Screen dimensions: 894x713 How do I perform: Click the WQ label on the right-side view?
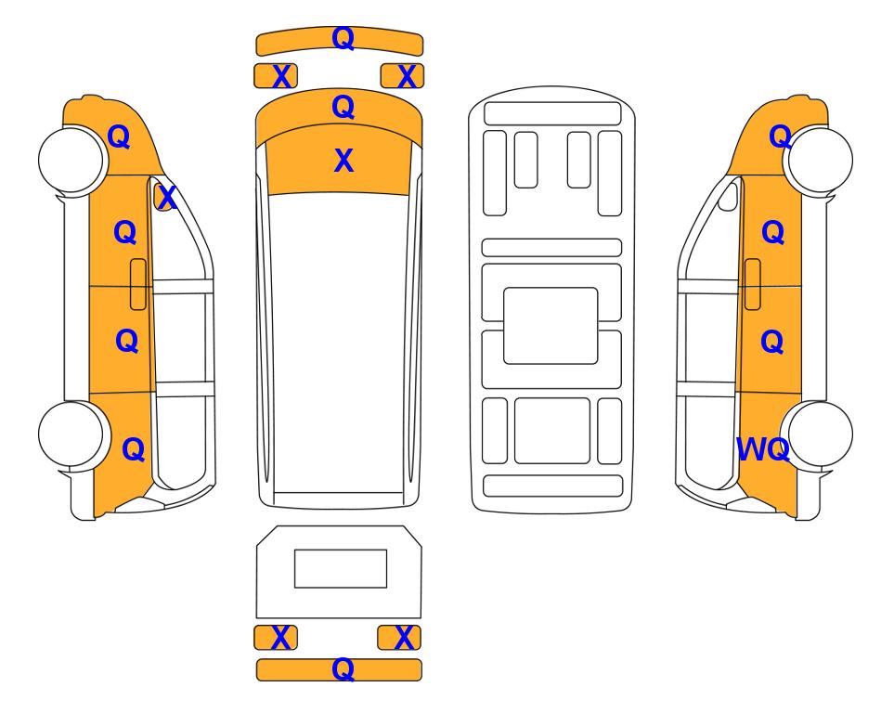(763, 449)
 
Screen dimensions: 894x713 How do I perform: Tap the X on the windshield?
(343, 161)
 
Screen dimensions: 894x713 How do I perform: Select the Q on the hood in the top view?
(343, 108)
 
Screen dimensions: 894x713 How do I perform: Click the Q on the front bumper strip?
(343, 39)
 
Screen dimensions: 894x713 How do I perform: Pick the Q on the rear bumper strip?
(343, 669)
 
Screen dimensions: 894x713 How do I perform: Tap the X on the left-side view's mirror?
(166, 198)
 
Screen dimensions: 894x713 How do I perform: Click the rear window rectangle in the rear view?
(341, 569)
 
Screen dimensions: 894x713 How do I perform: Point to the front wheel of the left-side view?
(72, 160)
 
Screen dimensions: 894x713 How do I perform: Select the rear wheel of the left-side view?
(72, 434)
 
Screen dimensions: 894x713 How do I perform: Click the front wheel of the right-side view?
(819, 161)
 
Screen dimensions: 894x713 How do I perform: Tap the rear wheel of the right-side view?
(819, 434)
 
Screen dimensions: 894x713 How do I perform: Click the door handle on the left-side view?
(138, 284)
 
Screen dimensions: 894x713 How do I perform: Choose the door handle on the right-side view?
(753, 284)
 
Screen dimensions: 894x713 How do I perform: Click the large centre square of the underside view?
(551, 326)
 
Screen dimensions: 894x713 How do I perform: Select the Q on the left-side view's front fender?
(119, 136)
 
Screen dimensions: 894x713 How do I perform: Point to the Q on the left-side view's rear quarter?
(134, 449)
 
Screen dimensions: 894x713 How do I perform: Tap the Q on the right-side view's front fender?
(780, 136)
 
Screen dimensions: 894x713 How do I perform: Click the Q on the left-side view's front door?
(125, 233)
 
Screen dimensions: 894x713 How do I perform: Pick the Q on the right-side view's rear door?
(772, 342)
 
